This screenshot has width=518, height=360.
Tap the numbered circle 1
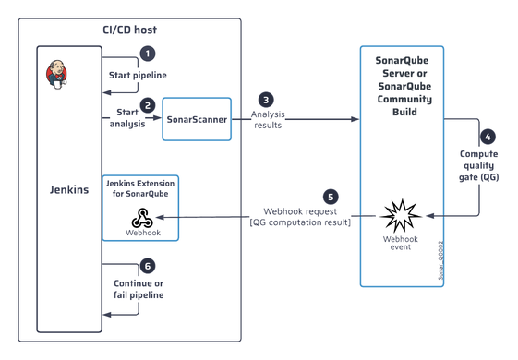[x=147, y=54]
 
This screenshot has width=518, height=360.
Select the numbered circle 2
[x=147, y=104]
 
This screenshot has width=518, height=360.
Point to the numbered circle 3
[x=266, y=99]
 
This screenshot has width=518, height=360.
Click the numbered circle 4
[x=488, y=136]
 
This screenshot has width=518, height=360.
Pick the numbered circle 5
[x=330, y=197]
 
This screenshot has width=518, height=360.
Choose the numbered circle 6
[x=147, y=265]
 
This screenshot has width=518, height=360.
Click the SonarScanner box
[x=197, y=119]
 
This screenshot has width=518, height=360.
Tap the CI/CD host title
[x=129, y=30]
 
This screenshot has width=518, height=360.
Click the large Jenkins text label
[x=68, y=190]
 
